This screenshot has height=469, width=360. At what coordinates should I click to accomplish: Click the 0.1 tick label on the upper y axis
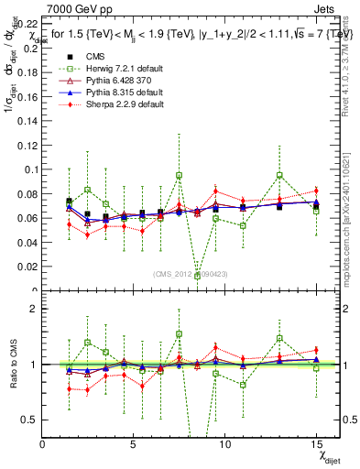[32, 169]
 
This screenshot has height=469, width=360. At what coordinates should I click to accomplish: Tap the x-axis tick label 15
[317, 444]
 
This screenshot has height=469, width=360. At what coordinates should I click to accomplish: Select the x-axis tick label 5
[133, 444]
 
